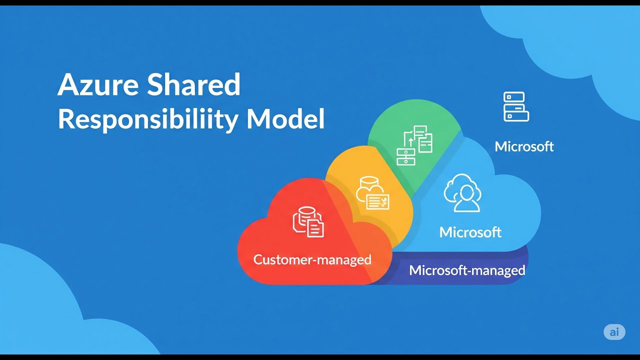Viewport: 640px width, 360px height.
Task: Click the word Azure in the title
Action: coord(98,85)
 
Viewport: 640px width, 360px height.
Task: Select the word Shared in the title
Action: coord(194,85)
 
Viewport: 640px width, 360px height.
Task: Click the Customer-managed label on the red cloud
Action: coord(312,259)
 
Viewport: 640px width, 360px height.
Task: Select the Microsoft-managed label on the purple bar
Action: coord(467,270)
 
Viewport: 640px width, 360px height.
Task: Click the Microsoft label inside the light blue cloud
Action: coord(470,232)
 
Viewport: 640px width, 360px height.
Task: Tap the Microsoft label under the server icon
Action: coord(524,146)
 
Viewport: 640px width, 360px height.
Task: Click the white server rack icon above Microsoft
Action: coord(516,106)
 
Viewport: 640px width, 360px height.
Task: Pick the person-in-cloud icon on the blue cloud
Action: coord(462,193)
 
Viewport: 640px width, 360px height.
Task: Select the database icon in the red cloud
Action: coord(308,222)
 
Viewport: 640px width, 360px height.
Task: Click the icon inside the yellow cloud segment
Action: coord(372,193)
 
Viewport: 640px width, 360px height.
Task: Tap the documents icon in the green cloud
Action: coord(414,145)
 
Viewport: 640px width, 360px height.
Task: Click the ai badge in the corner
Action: coord(614,332)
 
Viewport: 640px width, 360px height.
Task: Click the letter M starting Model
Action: coord(257,119)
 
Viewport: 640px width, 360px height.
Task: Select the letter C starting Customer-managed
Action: coord(258,260)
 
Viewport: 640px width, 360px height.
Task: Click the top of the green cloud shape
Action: coord(414,102)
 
